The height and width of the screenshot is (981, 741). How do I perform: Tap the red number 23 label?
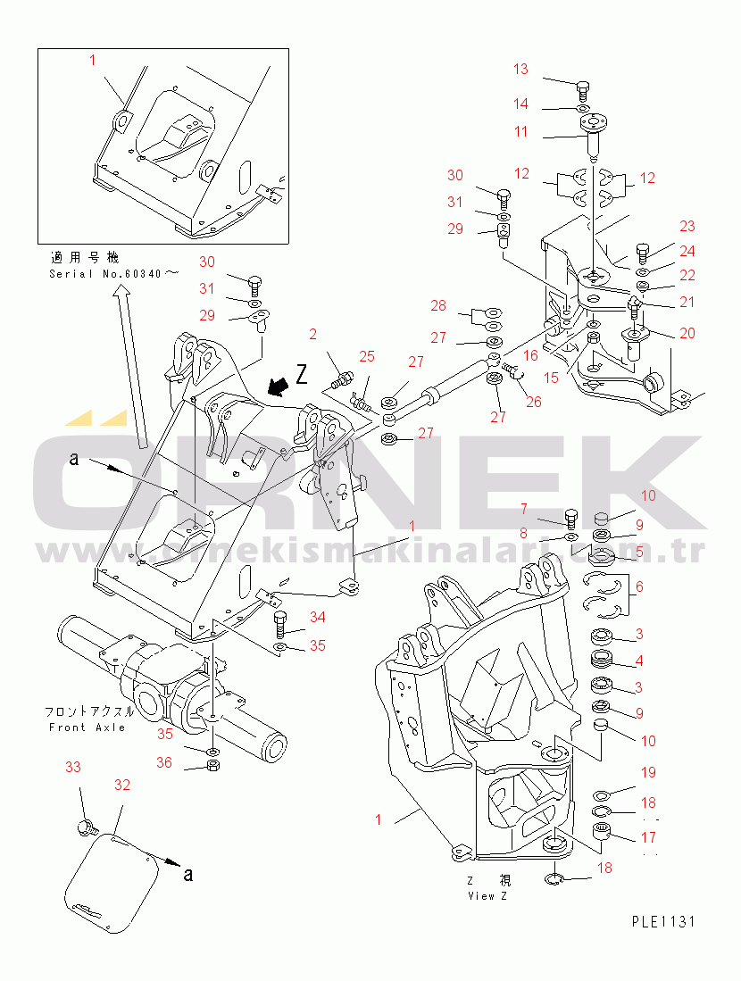click(687, 227)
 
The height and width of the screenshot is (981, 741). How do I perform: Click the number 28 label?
click(438, 306)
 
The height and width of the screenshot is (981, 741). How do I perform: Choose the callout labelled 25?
click(367, 357)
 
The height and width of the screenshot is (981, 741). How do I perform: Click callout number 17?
click(647, 837)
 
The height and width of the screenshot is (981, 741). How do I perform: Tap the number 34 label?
click(318, 617)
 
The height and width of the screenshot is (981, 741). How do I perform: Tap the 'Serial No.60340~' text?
click(105, 274)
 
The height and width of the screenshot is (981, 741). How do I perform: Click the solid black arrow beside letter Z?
click(279, 385)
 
